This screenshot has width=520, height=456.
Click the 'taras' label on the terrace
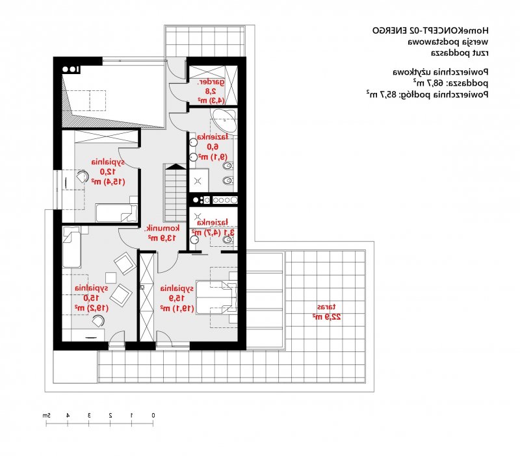pyautogui.click(x=326, y=307)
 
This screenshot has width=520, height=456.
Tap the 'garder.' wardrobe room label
pyautogui.click(x=211, y=82)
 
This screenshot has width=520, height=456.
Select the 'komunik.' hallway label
pyautogui.click(x=162, y=229)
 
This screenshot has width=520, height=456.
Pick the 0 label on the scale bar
pyautogui.click(x=153, y=415)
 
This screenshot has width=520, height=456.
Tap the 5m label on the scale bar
pyautogui.click(x=46, y=415)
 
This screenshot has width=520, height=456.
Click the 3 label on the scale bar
pyautogui.click(x=89, y=415)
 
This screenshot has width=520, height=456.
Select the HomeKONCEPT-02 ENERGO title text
pyautogui.click(x=430, y=31)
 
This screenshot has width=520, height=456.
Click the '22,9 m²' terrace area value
pyautogui.click(x=326, y=317)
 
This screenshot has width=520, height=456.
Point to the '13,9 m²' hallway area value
pyautogui.click(x=162, y=238)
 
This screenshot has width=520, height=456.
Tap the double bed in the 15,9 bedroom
pyautogui.click(x=216, y=298)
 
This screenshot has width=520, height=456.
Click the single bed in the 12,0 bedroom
pyautogui.click(x=116, y=213)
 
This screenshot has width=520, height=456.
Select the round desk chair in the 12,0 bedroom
pyautogui.click(x=83, y=177)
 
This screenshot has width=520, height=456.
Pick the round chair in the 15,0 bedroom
pyautogui.click(x=98, y=321)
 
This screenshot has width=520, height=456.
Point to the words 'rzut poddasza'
pyautogui.click(x=460, y=53)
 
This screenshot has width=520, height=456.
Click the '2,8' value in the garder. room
pyautogui.click(x=211, y=91)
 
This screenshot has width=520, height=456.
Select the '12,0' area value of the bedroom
pyautogui.click(x=108, y=171)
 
